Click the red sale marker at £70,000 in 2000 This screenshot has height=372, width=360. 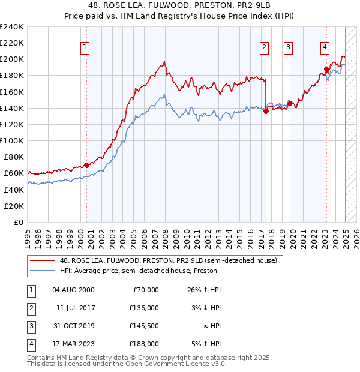tap(86, 165)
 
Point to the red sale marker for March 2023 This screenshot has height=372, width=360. tap(326, 69)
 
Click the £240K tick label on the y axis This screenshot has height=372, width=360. tap(12, 27)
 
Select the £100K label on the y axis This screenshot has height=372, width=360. tap(12, 140)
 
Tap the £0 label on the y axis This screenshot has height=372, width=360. tap(19, 222)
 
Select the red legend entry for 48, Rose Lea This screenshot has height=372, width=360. tap(168, 261)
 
